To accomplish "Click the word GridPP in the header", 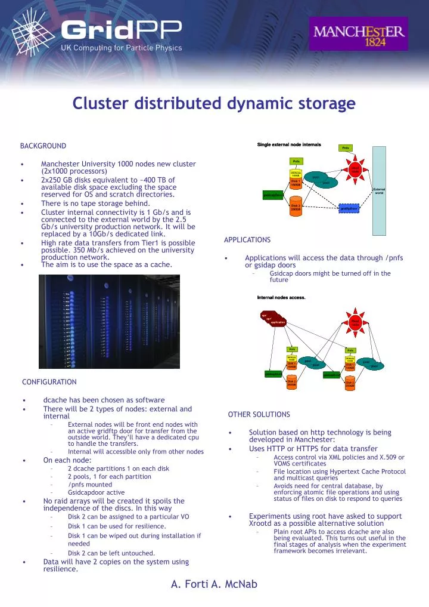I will pos(119,29).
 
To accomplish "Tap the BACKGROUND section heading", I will pos(43,146).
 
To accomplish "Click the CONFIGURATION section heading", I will pos(49,381).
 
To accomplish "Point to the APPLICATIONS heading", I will pos(247,240).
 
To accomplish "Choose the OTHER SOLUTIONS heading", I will pos(259,414).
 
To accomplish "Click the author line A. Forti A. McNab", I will pos(214,584).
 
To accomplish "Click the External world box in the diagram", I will pos(379,191).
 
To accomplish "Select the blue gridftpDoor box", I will pos(349,209).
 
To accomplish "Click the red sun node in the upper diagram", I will pos(355,170).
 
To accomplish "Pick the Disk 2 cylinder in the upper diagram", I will pos(296,208).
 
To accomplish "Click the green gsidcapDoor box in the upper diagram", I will pos(273,195).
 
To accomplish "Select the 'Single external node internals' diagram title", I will pos(289,145).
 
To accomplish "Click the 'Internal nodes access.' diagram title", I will pos(281,297).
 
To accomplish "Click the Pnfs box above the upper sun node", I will pos(345,148).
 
